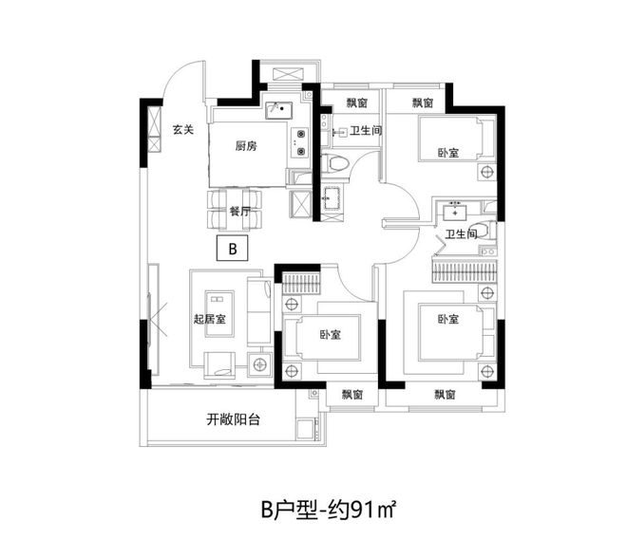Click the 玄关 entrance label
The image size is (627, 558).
182,130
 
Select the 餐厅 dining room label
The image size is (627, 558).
238,213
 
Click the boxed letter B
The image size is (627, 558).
231,250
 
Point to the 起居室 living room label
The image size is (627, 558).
209,320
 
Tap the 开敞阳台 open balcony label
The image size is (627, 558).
233,418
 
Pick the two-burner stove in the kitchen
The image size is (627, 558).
300,142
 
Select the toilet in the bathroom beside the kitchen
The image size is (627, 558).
336,163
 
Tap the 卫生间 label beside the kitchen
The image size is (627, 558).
366,131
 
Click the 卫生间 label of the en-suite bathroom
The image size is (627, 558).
460,235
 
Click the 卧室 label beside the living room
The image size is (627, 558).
331,335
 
